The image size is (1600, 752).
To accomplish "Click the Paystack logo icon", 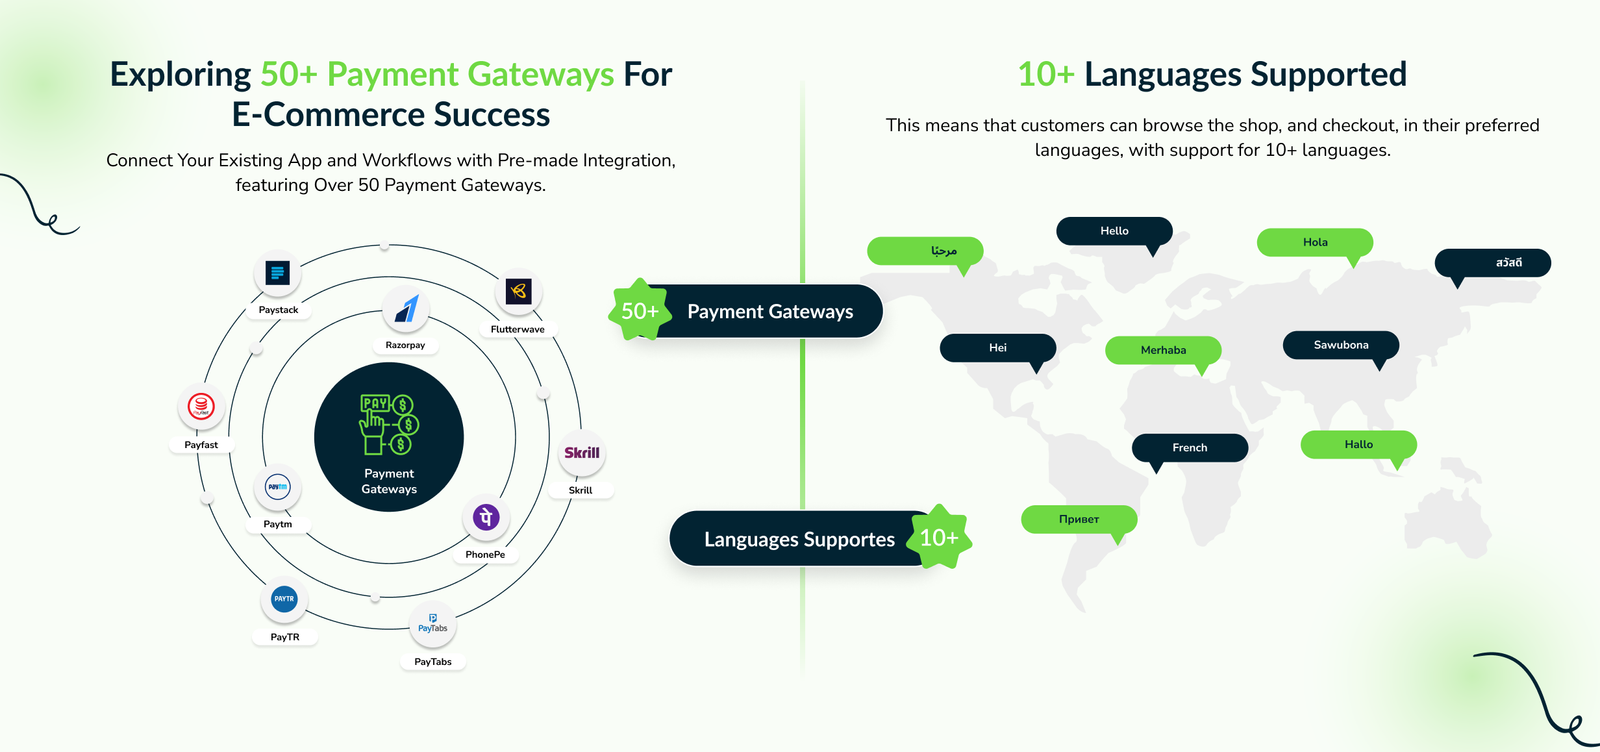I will click(277, 272).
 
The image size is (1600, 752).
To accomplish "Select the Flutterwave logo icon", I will click(518, 292).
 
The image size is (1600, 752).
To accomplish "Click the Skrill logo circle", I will click(581, 453).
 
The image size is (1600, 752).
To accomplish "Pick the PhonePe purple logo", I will click(486, 518).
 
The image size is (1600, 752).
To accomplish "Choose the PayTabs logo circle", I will click(433, 624).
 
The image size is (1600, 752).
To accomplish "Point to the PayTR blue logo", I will click(284, 599).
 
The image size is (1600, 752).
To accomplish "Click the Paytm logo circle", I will click(278, 487).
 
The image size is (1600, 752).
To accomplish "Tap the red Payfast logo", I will click(201, 407).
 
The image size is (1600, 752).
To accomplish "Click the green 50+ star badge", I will click(640, 311).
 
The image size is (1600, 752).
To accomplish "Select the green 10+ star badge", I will click(939, 538).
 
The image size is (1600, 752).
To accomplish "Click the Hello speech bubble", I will click(1114, 231).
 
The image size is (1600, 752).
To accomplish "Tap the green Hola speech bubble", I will click(1315, 242).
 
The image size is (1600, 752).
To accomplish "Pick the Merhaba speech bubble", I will click(1163, 350).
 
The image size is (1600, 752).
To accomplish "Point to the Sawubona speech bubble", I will click(1341, 345).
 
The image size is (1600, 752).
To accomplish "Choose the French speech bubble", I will click(1190, 447).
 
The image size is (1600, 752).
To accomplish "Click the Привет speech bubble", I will click(1079, 519).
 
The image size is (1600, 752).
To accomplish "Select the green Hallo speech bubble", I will click(1358, 444).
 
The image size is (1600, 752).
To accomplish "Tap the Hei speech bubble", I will click(998, 348).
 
